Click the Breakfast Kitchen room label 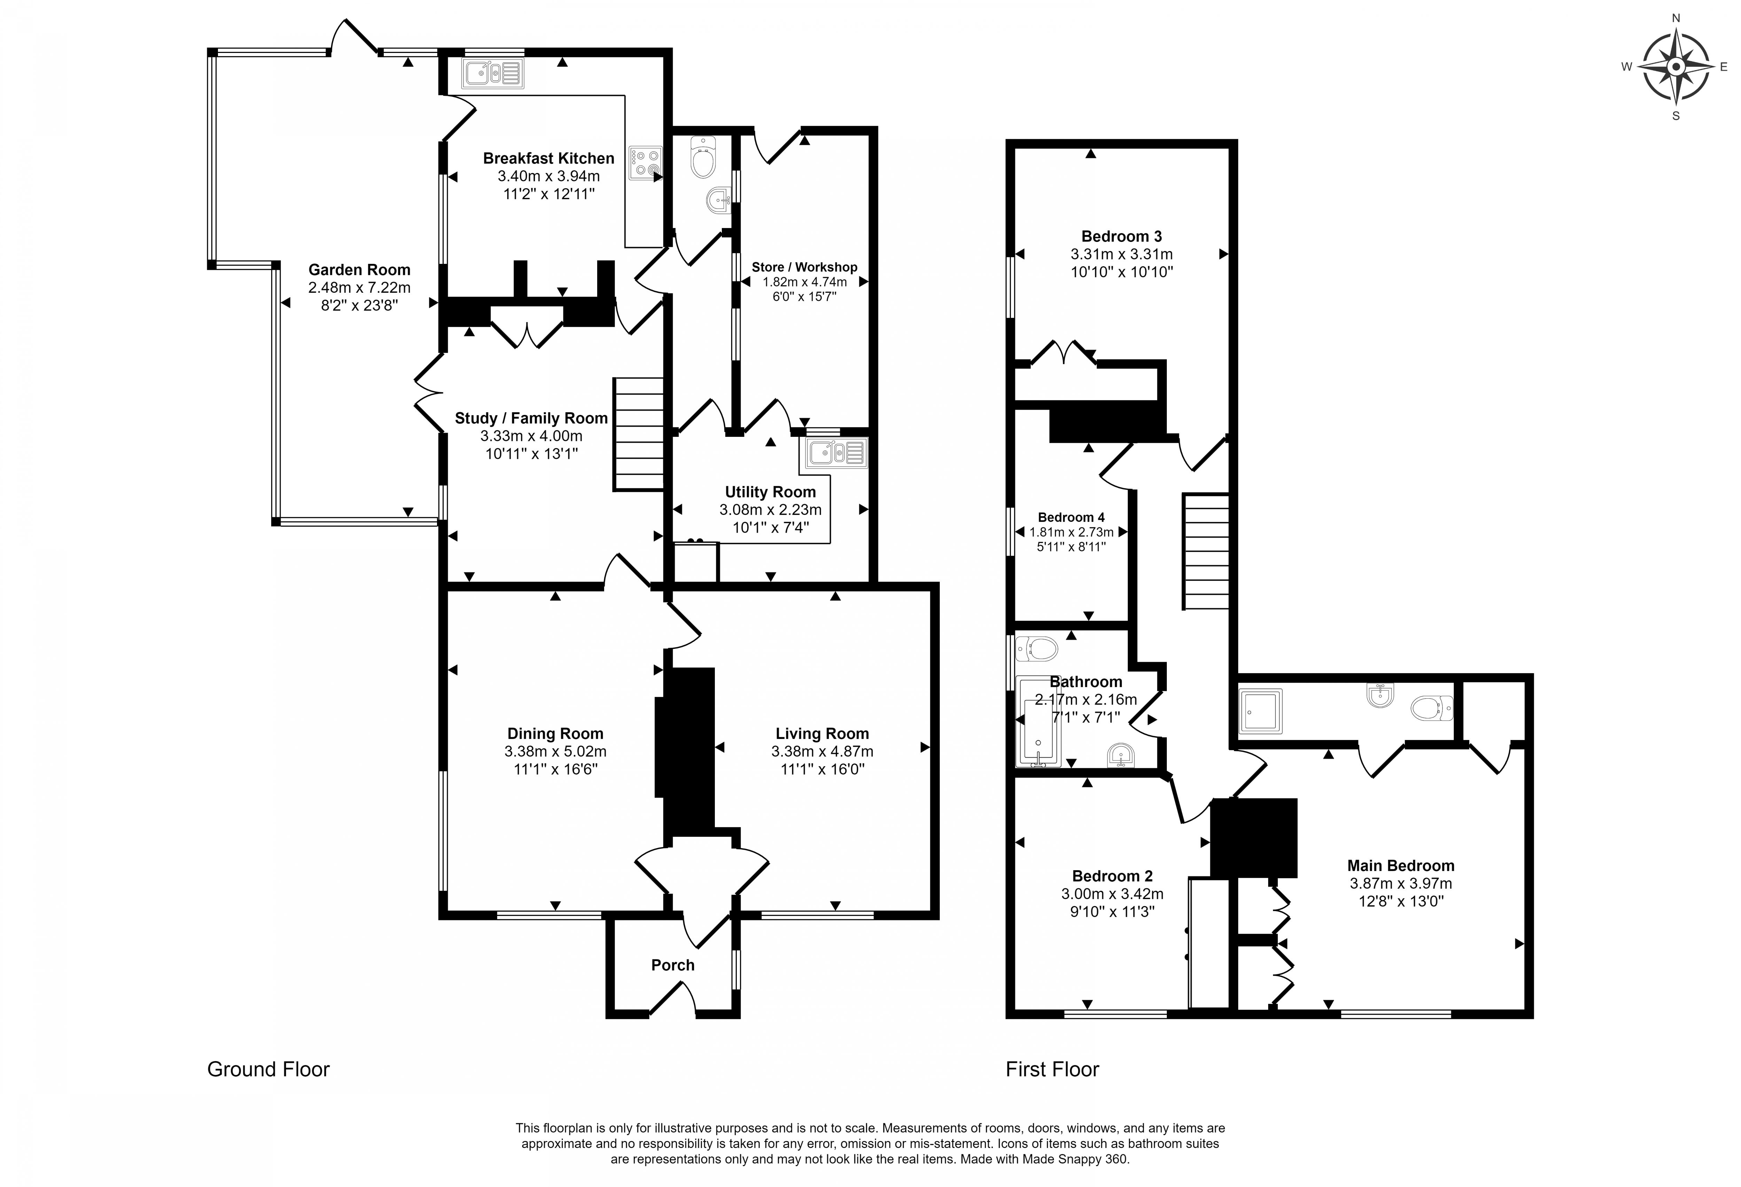point(548,158)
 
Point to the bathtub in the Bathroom point(1038,723)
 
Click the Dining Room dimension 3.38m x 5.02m point(555,751)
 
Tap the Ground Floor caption point(268,1069)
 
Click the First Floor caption point(1052,1069)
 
